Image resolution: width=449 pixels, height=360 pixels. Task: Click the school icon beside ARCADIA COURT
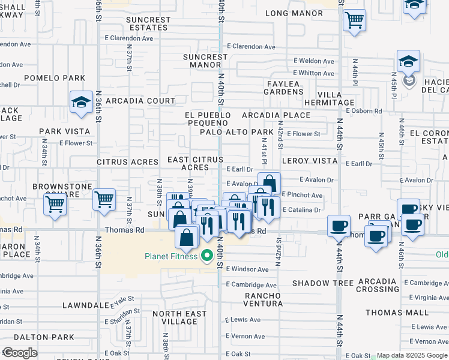tap(81, 103)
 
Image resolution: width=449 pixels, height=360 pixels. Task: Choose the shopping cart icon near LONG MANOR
tap(355, 19)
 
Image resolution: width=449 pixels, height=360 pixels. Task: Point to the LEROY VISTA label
tap(309, 161)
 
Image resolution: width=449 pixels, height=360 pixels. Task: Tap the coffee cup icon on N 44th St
tap(340, 226)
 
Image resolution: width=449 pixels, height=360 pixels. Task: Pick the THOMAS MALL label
tap(397, 313)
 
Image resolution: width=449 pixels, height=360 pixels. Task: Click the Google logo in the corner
tap(19, 353)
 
